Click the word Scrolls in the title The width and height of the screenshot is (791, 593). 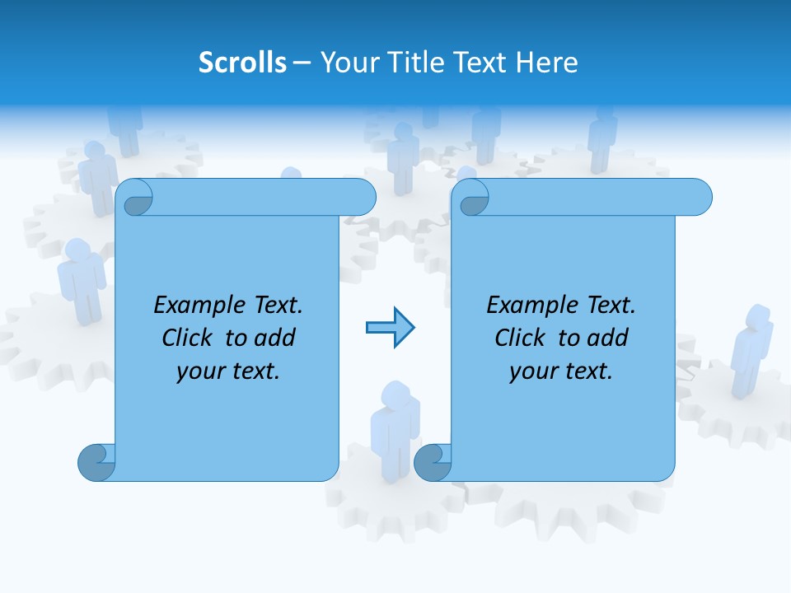(243, 63)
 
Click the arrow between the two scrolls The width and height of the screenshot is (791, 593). (390, 328)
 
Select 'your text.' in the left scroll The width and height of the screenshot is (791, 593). (228, 371)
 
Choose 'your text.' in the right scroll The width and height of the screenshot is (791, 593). (561, 371)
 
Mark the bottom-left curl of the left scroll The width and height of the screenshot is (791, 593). (96, 463)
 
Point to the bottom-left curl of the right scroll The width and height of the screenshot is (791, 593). (432, 463)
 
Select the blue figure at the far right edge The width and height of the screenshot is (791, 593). (751, 350)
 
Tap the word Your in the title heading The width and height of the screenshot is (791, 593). (344, 63)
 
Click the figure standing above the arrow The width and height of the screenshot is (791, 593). (403, 156)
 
